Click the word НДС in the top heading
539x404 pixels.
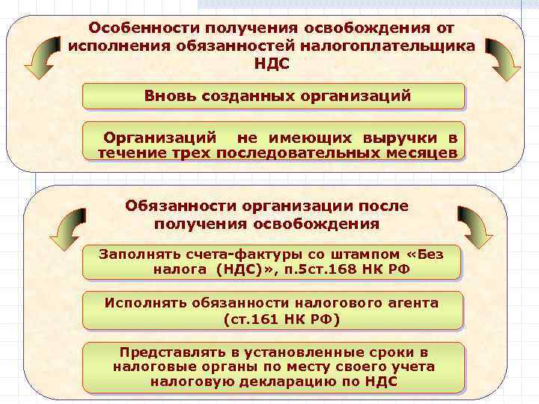click(x=272, y=64)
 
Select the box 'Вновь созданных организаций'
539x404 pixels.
click(x=273, y=97)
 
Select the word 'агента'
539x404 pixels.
click(x=409, y=304)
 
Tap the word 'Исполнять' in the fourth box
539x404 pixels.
click(x=142, y=304)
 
